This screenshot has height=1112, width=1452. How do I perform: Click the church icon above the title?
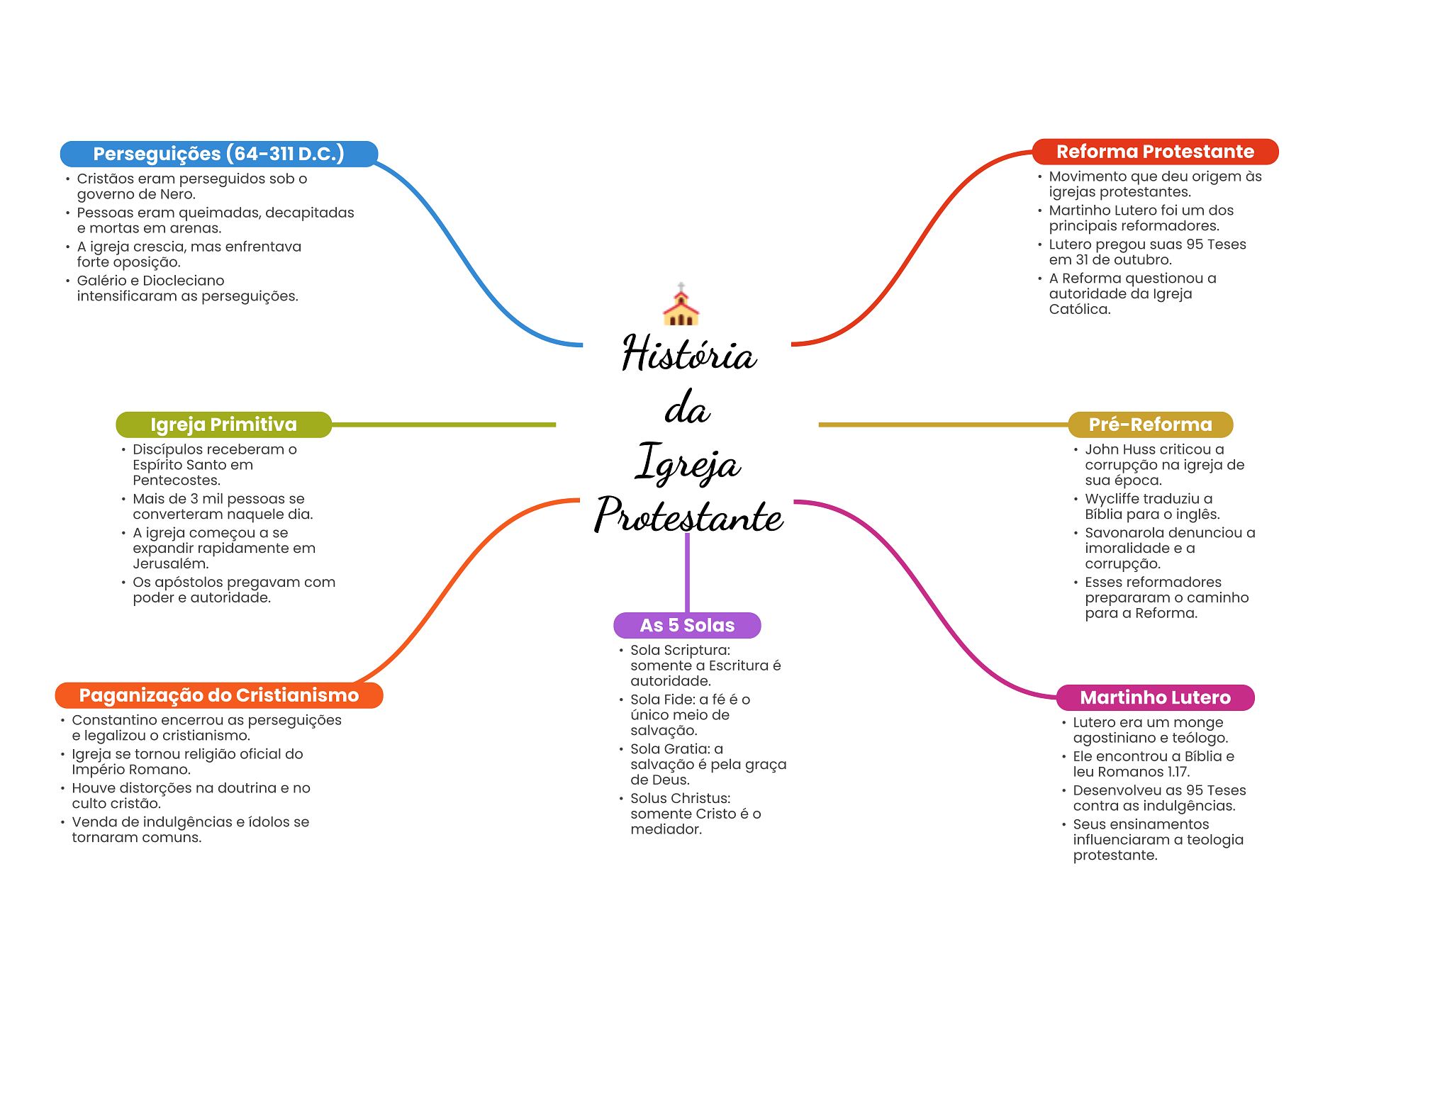click(681, 305)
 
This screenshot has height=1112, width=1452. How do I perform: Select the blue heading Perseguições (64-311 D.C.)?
click(218, 154)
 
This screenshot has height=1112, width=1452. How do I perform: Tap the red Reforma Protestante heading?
click(1155, 152)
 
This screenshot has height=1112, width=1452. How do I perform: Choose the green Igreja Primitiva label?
click(223, 425)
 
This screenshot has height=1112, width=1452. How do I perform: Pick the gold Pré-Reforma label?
click(1150, 425)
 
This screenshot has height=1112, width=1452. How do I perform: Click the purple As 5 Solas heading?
click(687, 625)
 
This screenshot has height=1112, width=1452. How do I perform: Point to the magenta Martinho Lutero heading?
click(1155, 697)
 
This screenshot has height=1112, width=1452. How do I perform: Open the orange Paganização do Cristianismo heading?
click(219, 695)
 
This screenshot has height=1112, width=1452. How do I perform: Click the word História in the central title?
click(688, 354)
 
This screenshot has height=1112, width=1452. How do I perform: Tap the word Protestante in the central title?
click(688, 516)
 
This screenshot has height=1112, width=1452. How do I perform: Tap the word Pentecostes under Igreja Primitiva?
click(175, 481)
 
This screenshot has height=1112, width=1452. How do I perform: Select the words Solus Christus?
click(679, 799)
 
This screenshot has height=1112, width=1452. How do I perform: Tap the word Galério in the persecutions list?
click(101, 281)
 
